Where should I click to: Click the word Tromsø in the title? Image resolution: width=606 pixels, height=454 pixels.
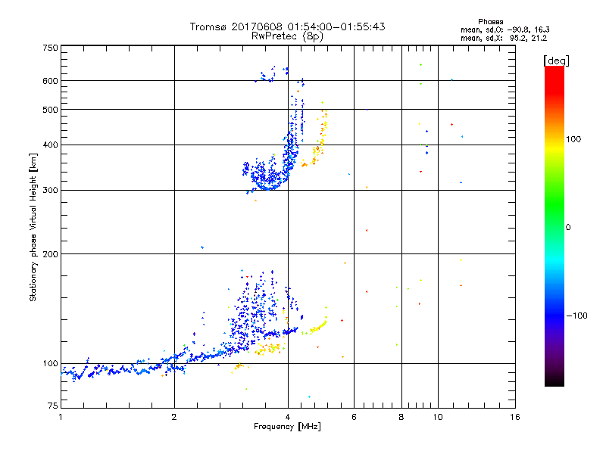(x=207, y=26)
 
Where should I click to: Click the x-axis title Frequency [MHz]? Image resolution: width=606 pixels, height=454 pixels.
(x=287, y=427)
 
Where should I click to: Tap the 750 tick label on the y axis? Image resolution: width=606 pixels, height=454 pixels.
(x=51, y=48)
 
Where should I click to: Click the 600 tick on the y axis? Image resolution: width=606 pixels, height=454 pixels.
(x=51, y=81)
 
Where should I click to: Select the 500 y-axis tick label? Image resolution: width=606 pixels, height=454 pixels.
(x=51, y=110)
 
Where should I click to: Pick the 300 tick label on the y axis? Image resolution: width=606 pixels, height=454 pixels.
(x=51, y=191)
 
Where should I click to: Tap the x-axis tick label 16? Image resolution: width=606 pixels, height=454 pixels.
(x=514, y=417)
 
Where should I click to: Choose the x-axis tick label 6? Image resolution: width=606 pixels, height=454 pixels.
(x=354, y=417)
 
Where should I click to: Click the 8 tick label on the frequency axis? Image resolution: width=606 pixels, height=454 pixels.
(x=401, y=417)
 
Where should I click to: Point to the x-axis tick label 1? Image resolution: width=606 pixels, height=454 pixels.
(x=61, y=417)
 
